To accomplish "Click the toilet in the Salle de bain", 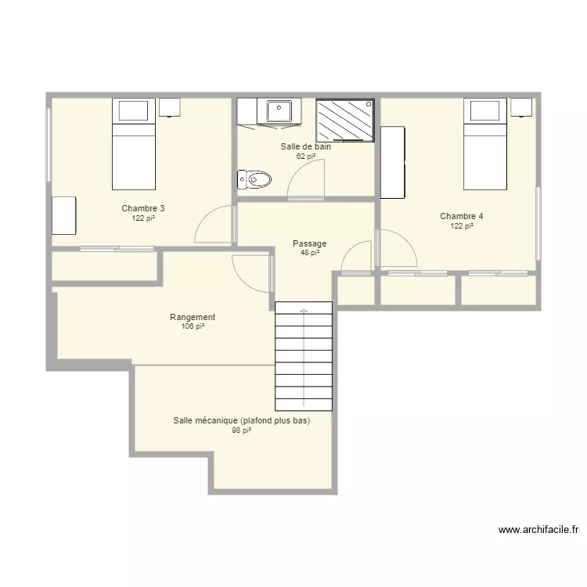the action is pyautogui.click(x=254, y=180).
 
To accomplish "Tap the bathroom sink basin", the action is pyautogui.click(x=279, y=111).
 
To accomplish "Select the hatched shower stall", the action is pyautogui.click(x=345, y=121).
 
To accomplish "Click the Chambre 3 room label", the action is pyautogui.click(x=143, y=208).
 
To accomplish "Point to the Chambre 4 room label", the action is pyautogui.click(x=462, y=216).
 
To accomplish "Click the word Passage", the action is pyautogui.click(x=310, y=243).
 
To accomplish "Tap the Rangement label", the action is pyautogui.click(x=193, y=317).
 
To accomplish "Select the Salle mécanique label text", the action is pyautogui.click(x=242, y=420).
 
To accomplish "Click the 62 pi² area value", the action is pyautogui.click(x=306, y=156).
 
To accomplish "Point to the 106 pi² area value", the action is pyautogui.click(x=193, y=326).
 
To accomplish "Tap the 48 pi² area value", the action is pyautogui.click(x=310, y=253).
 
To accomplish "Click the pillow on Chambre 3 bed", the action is pyautogui.click(x=133, y=111).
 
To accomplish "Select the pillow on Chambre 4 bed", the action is pyautogui.click(x=484, y=111).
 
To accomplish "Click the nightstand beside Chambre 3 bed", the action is pyautogui.click(x=170, y=107).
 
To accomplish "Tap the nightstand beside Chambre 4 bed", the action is pyautogui.click(x=521, y=107).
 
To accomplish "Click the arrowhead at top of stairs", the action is pyautogui.click(x=304, y=311).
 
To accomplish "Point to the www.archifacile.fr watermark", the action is pyautogui.click(x=538, y=530).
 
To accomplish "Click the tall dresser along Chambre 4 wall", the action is pyautogui.click(x=393, y=163).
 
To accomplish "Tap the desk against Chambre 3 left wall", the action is pyautogui.click(x=63, y=216).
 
